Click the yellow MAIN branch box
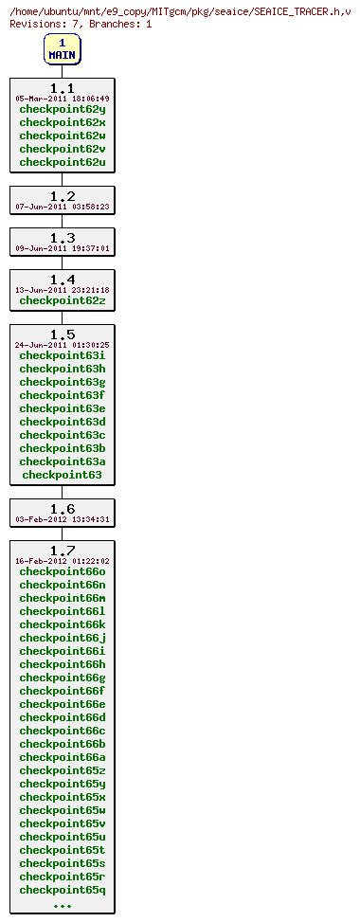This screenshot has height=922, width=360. (x=63, y=49)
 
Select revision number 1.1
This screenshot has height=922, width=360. (x=63, y=88)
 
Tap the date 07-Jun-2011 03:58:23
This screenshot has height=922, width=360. (x=63, y=207)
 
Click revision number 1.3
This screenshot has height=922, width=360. (x=63, y=238)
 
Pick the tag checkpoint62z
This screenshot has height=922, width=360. (x=63, y=300)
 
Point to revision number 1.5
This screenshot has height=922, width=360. (x=63, y=334)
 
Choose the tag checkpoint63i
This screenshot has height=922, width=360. (x=63, y=355)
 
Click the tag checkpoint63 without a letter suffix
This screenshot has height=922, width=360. (x=63, y=475)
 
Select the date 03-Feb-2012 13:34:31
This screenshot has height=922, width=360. (x=63, y=519)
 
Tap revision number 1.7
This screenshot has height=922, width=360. (x=63, y=551)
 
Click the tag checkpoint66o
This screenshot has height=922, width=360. (x=63, y=571)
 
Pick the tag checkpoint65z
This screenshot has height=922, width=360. (x=63, y=770)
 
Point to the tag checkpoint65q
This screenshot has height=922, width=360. (x=63, y=890)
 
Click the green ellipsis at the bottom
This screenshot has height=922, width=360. (x=63, y=905)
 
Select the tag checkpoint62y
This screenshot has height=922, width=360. (x=63, y=109)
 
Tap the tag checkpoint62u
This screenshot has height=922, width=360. (x=63, y=162)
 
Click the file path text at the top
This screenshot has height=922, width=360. (x=180, y=10)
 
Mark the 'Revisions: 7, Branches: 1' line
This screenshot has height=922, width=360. (x=81, y=24)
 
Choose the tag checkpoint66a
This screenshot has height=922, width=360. (x=63, y=757)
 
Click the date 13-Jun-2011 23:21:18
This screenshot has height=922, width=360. (x=63, y=290)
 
